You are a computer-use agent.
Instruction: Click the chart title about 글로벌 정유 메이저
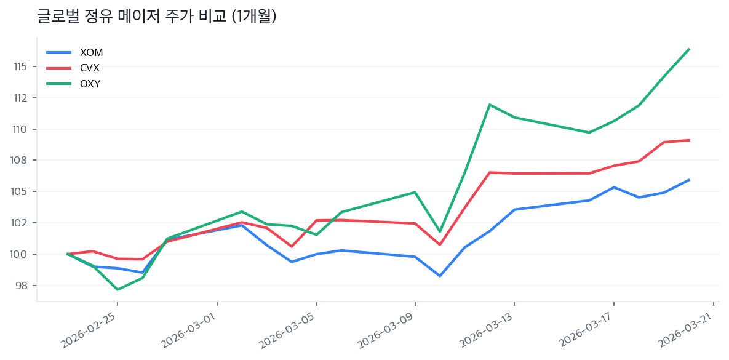tap(156, 17)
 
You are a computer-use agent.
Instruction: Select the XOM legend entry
tap(91, 52)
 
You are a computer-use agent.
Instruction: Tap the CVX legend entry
tap(90, 68)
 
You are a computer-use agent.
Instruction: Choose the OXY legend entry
tap(90, 84)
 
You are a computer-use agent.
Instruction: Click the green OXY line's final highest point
tap(689, 49)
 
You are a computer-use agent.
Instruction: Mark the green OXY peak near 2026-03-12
tap(490, 105)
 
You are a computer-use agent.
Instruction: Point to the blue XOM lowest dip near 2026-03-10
tap(440, 276)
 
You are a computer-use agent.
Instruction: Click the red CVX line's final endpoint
tap(689, 140)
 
